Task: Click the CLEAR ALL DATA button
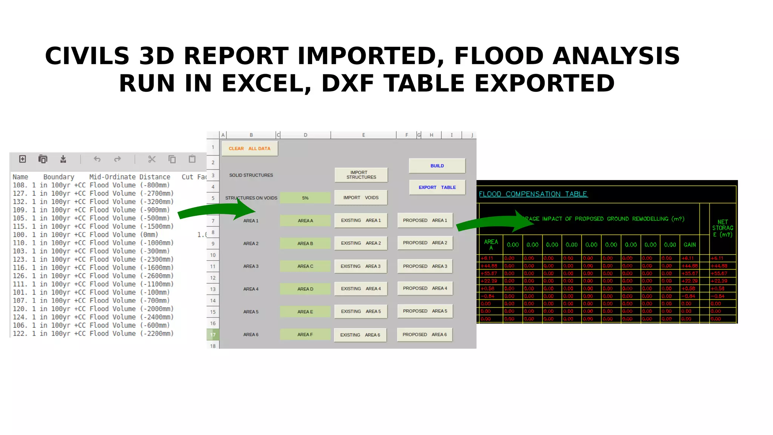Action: (249, 148)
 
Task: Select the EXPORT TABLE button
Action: (437, 187)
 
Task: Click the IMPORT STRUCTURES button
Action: (361, 175)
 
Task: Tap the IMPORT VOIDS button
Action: (361, 197)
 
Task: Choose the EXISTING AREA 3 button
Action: (360, 266)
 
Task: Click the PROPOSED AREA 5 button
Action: (425, 311)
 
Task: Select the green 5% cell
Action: (305, 198)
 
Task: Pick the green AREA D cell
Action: (305, 289)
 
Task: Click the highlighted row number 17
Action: (213, 335)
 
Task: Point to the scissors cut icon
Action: (152, 159)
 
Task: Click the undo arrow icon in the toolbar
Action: (97, 159)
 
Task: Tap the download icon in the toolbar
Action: (63, 159)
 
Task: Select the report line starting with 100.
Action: (85, 234)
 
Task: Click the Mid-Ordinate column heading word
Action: (112, 177)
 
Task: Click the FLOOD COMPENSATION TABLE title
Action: (533, 194)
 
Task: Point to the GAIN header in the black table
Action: (690, 245)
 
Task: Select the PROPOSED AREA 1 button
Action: (425, 220)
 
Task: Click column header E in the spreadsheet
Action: (363, 135)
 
